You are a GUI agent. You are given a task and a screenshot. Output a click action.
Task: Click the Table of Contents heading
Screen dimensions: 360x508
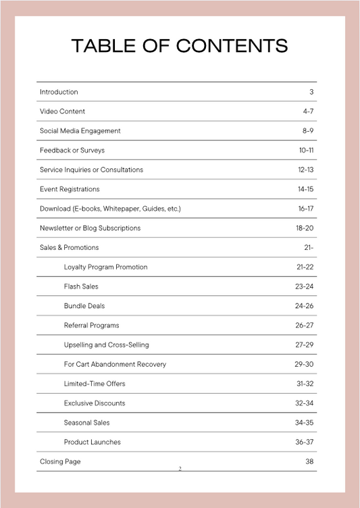[x=180, y=46]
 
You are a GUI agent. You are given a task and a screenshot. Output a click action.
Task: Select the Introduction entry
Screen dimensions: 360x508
[x=59, y=92]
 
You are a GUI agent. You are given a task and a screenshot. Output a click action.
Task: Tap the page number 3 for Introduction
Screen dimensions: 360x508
[x=311, y=92]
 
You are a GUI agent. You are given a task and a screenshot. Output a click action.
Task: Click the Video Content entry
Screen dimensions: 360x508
[x=62, y=111]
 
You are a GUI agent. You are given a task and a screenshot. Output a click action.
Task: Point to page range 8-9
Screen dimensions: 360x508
[x=308, y=131]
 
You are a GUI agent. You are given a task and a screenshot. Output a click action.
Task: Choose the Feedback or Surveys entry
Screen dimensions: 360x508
[x=72, y=150]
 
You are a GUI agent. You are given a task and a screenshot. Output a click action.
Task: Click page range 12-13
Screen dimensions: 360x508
[x=306, y=170]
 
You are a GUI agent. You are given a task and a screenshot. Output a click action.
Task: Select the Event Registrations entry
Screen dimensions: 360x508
[x=70, y=189]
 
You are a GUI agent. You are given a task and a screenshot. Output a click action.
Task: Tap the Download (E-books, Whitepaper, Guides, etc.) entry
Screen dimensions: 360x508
[x=110, y=209]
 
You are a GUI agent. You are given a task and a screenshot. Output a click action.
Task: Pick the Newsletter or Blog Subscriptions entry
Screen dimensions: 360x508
[x=90, y=228]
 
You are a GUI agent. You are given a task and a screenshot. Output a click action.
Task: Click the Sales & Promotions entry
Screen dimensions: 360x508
[x=69, y=248]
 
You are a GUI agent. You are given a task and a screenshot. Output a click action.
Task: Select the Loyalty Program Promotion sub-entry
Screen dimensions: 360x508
[x=105, y=268]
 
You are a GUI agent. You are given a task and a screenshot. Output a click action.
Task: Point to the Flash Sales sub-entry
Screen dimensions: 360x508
[x=81, y=286]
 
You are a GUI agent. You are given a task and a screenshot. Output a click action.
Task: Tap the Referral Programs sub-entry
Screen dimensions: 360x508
[x=91, y=326]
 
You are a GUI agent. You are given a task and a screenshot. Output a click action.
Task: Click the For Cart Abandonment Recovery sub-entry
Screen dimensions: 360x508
[x=115, y=364]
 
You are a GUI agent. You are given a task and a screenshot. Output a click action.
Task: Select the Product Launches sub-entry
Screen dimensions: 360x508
[x=93, y=442]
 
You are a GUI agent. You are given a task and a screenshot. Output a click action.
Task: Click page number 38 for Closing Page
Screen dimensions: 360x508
[x=309, y=462]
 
